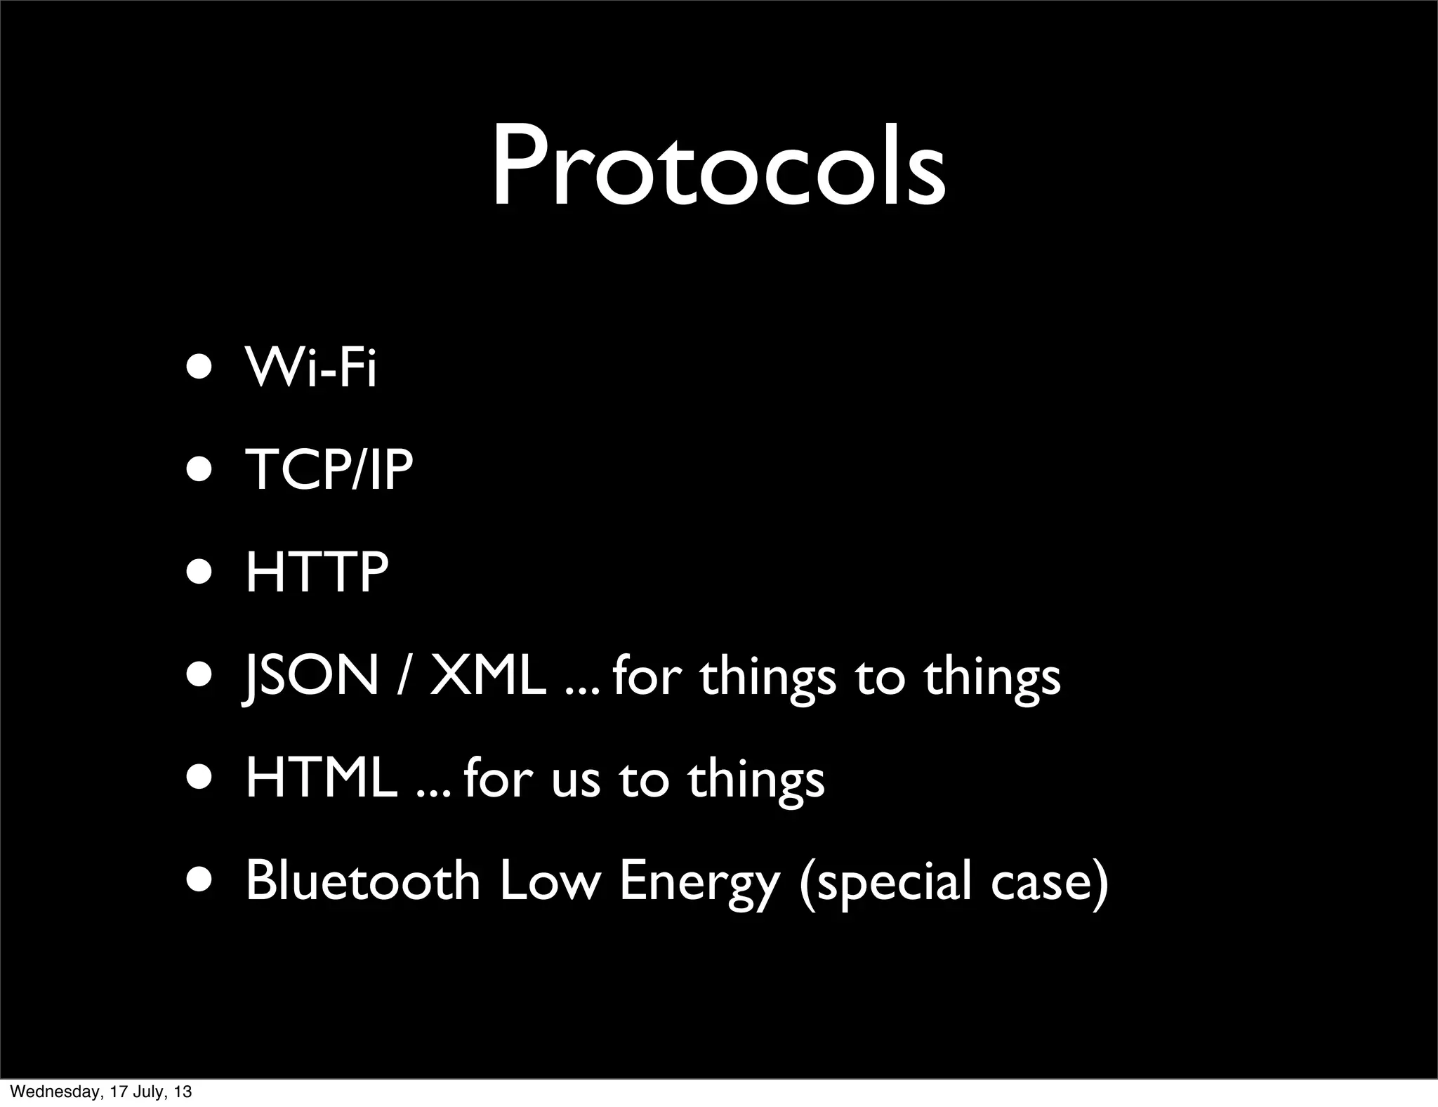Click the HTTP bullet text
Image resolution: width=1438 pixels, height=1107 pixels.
[317, 572]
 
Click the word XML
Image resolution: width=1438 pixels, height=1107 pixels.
[487, 676]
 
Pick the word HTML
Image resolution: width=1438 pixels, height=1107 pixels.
[321, 778]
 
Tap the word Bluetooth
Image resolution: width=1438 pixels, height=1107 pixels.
[362, 881]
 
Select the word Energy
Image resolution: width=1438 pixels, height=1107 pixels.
[699, 882]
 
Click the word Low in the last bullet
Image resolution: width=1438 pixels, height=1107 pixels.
[550, 881]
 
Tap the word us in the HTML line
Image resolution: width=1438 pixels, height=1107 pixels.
[576, 780]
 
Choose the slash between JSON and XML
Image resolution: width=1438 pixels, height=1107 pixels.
[403, 676]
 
